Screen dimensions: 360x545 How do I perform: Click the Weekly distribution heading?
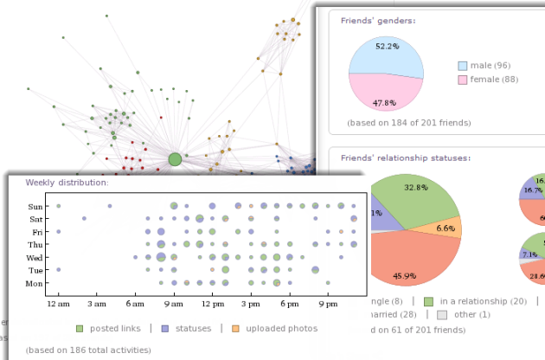click(x=67, y=183)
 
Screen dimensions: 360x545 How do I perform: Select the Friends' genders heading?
click(x=378, y=20)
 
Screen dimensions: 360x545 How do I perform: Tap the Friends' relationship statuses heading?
click(x=405, y=158)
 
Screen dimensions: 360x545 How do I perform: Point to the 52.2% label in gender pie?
click(x=386, y=46)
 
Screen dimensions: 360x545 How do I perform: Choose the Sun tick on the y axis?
click(x=35, y=207)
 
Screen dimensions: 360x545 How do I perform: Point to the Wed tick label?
click(x=35, y=258)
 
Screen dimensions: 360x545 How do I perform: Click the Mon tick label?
click(x=35, y=284)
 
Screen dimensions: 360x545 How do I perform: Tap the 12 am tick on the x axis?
click(x=58, y=305)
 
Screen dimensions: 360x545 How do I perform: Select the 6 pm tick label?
click(x=289, y=305)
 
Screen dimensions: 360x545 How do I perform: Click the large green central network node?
click(x=175, y=159)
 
